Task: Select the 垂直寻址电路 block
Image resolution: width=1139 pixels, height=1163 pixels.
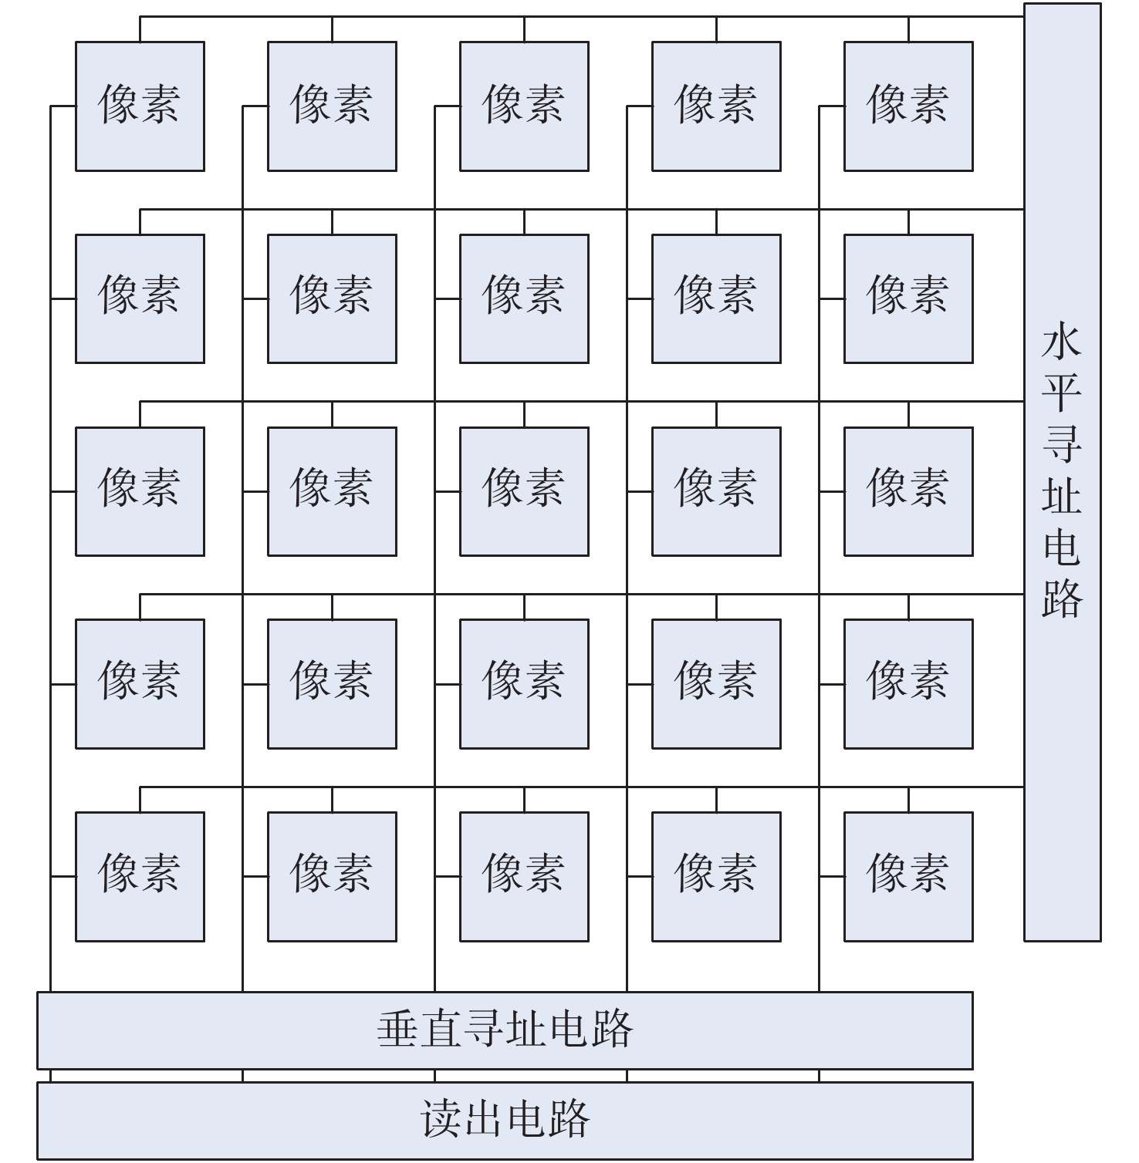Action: (x=505, y=1030)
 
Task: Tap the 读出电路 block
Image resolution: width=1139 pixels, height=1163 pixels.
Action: (x=505, y=1120)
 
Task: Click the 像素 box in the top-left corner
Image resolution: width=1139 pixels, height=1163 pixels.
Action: (x=140, y=106)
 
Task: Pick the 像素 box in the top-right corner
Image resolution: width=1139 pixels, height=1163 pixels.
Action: (x=908, y=106)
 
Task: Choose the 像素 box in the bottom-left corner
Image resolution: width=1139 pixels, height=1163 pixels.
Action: (x=140, y=876)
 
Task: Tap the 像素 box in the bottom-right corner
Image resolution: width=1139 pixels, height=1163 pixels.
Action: (x=908, y=876)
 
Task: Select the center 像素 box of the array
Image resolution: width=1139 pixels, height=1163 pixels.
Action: (x=524, y=491)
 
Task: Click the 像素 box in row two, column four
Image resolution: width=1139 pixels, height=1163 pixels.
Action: (x=716, y=298)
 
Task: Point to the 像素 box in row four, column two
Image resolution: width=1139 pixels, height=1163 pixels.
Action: (x=332, y=683)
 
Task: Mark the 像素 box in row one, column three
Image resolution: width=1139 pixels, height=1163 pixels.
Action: (x=524, y=106)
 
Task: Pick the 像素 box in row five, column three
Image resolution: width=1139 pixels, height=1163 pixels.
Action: (x=524, y=876)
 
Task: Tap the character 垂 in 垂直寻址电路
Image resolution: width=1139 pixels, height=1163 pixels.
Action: (x=398, y=1030)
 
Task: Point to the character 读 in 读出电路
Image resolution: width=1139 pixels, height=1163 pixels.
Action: (x=441, y=1120)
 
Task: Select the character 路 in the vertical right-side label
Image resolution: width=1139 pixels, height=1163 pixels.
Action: (x=1062, y=596)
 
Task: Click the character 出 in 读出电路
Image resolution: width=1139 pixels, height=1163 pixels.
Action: (x=484, y=1120)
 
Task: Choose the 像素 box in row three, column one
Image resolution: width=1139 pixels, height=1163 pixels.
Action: (x=140, y=491)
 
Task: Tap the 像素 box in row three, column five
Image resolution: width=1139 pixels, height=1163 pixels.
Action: (x=908, y=491)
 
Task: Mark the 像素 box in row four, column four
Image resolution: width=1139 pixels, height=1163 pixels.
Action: (x=716, y=683)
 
